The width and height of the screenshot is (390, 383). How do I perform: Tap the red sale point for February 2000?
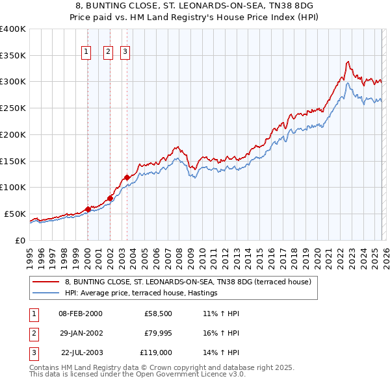(x=88, y=209)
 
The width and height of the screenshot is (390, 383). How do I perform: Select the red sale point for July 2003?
(x=127, y=177)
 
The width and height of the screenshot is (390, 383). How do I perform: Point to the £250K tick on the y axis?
(x=13, y=108)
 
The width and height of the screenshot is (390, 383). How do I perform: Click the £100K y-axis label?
(x=13, y=188)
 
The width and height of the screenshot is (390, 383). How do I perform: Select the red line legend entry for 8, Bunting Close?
(x=188, y=282)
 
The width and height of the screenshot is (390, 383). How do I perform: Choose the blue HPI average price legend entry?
(x=140, y=293)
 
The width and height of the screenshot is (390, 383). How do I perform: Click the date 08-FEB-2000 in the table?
(x=80, y=314)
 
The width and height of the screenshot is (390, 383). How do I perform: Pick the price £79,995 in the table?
(x=156, y=333)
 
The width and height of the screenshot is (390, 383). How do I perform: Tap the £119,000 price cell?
(x=156, y=352)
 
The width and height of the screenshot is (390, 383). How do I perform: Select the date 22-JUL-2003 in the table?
(x=80, y=352)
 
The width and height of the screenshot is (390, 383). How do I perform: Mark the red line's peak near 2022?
(x=348, y=62)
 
